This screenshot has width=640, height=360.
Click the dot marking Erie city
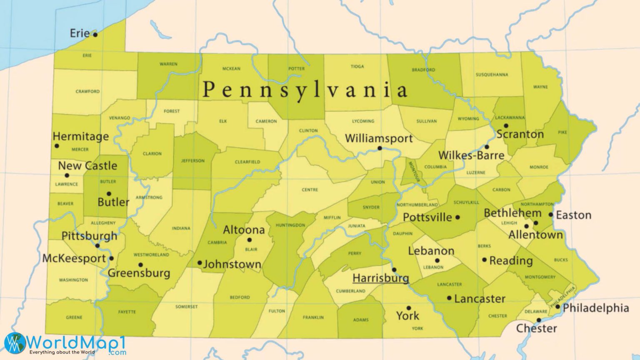point(95,35)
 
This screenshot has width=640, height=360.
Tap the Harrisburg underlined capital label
point(380,278)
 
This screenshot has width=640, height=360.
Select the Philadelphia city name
point(595,308)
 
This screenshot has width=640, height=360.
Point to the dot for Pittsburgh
point(97,246)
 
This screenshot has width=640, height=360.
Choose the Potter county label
point(296,69)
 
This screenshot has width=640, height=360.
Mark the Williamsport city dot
point(380,148)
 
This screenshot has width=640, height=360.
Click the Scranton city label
point(520,135)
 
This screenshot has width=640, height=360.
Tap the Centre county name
point(310,190)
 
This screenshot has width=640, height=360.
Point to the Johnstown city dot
point(200,263)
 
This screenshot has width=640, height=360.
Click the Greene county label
point(74,317)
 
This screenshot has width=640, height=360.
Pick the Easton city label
point(573,215)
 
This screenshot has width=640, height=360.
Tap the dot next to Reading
point(484,260)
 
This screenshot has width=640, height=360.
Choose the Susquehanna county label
point(492,75)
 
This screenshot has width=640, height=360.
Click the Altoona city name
point(244,230)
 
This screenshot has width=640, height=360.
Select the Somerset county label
point(186,307)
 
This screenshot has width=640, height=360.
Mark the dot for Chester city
point(538,320)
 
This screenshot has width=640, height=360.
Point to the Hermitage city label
point(80,137)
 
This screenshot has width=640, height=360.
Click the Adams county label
point(360,320)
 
